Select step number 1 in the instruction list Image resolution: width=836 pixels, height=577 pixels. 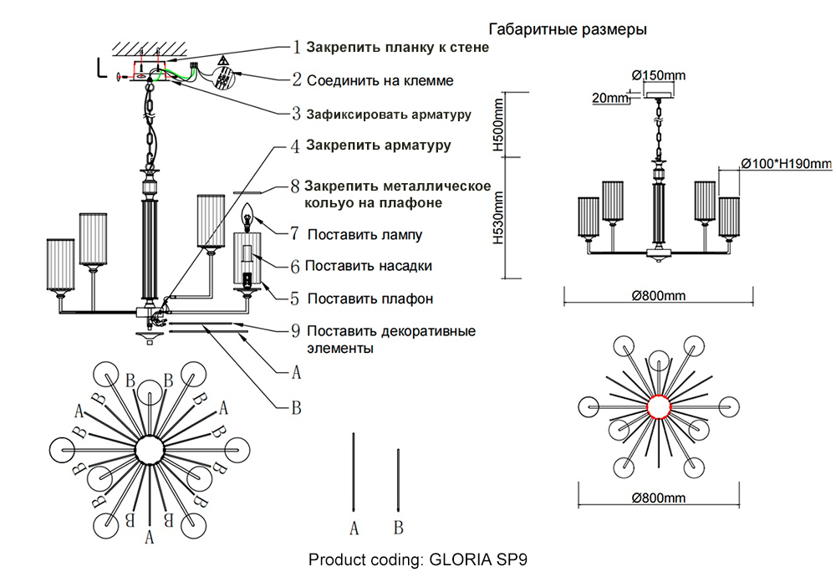(x=296, y=48)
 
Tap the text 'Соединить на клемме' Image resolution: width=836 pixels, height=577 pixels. (x=380, y=81)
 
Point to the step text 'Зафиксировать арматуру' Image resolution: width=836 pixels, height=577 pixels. (x=389, y=114)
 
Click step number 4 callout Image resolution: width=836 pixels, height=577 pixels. (x=294, y=146)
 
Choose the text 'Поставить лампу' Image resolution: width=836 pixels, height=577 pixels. (x=364, y=235)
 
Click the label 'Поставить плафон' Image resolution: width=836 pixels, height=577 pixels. (x=370, y=299)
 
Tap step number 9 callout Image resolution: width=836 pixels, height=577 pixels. (x=295, y=330)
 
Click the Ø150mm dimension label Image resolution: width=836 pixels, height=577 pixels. (x=659, y=75)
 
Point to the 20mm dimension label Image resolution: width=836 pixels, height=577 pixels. (x=609, y=99)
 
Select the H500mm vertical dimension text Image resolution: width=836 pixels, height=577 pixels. (x=499, y=124)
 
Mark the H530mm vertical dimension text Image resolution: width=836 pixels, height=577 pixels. (x=499, y=217)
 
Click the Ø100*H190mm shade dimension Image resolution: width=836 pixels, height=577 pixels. (x=786, y=163)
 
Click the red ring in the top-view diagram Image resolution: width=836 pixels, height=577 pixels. (x=660, y=406)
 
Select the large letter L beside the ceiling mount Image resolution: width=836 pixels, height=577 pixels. (x=100, y=69)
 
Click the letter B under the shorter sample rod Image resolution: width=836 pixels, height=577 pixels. (x=399, y=528)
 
